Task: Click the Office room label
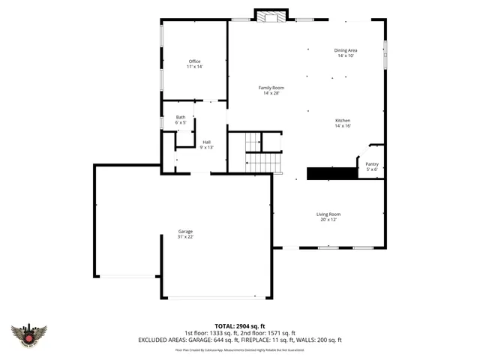click(x=195, y=61)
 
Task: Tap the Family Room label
click(x=271, y=88)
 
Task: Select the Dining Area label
click(x=345, y=50)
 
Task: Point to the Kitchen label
click(x=343, y=121)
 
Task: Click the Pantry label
click(x=372, y=164)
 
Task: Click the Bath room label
click(x=181, y=117)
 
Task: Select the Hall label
click(x=206, y=142)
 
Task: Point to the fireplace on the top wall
click(x=268, y=16)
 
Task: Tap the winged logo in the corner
click(x=29, y=334)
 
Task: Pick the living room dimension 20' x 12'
click(x=328, y=220)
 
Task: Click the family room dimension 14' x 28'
click(x=271, y=93)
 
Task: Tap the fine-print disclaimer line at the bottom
click(x=239, y=349)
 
